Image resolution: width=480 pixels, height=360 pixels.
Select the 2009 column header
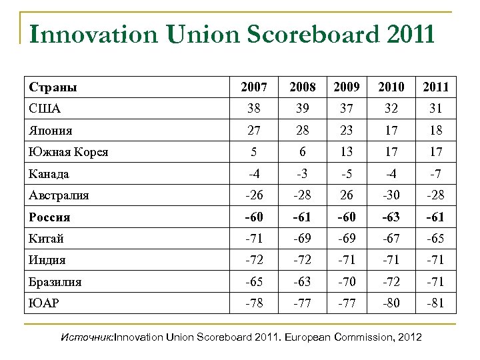pyautogui.click(x=345, y=87)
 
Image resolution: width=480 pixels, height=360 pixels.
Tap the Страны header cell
pyautogui.click(x=53, y=87)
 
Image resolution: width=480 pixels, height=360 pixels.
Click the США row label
pyautogui.click(x=45, y=108)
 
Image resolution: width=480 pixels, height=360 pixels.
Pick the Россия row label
pyautogui.click(x=50, y=217)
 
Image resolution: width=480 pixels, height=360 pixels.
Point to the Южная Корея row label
pyautogui.click(x=69, y=151)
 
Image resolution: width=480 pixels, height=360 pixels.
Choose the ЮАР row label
pyautogui.click(x=45, y=303)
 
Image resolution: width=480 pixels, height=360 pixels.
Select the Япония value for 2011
pyautogui.click(x=434, y=130)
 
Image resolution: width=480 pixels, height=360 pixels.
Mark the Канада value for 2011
pyautogui.click(x=434, y=173)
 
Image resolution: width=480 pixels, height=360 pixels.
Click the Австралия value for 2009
pyautogui.click(x=345, y=195)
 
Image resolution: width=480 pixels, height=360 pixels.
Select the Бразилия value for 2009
pyautogui.click(x=345, y=282)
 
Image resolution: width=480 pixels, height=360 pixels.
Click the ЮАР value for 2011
pyautogui.click(x=434, y=303)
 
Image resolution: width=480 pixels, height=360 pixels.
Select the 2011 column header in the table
pyautogui.click(x=434, y=87)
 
